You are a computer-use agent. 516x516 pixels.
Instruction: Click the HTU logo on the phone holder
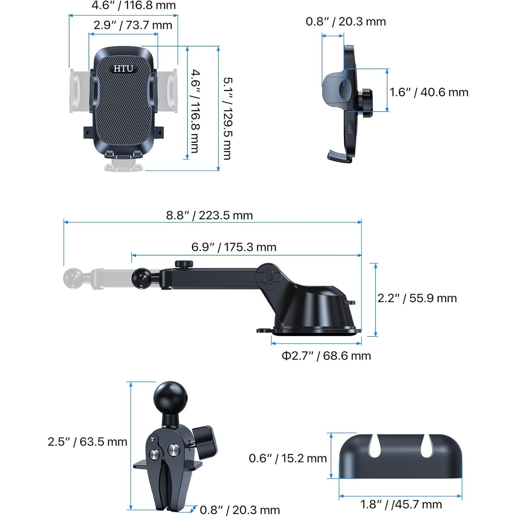[x=123, y=69]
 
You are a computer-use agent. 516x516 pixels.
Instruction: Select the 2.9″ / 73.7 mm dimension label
[x=133, y=25]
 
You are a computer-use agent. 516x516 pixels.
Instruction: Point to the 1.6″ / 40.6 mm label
[x=429, y=92]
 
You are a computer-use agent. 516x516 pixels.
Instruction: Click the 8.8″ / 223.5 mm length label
[x=209, y=215]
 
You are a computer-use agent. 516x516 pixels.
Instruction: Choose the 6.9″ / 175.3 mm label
[x=234, y=247]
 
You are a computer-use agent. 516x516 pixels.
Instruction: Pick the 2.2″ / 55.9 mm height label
[x=417, y=298]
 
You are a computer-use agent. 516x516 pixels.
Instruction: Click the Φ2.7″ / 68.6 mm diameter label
[x=326, y=355]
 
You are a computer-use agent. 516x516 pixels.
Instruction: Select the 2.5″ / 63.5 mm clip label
[x=87, y=442]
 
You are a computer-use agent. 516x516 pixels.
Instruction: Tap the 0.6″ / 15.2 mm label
[x=288, y=458]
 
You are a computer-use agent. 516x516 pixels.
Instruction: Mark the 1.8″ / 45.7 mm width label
[x=401, y=504]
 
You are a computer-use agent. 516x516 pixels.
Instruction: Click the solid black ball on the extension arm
[x=142, y=276]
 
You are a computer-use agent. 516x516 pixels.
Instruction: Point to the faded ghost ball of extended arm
[x=73, y=279]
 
